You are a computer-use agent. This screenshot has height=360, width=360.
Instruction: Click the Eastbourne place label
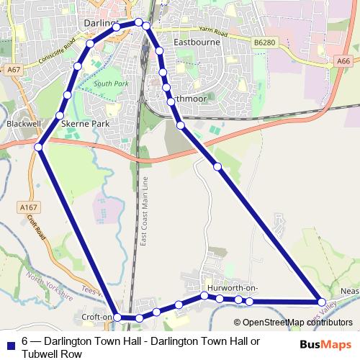[x=196, y=42]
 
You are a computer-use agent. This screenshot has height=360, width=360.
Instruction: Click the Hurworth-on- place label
[x=229, y=288]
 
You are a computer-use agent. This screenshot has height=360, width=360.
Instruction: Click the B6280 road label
[x=264, y=44]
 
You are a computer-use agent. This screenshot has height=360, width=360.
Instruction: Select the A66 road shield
[x=344, y=62]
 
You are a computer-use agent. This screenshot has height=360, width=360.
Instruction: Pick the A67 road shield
[x=13, y=69]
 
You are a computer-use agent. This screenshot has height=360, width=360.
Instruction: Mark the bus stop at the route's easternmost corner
[x=321, y=301]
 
